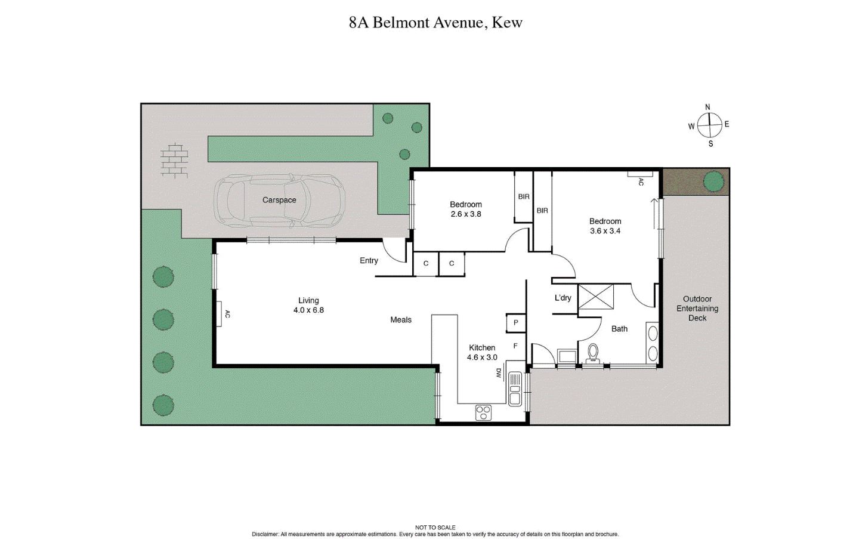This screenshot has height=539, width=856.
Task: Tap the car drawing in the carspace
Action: point(279,201)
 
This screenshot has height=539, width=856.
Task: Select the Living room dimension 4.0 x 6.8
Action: point(308,310)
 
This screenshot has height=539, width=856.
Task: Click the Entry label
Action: point(369,260)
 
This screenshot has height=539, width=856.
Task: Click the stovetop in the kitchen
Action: point(483,412)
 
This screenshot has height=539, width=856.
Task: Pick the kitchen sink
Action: point(515,390)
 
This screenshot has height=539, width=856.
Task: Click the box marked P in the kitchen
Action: point(515,323)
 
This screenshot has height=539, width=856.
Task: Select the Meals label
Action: point(400,320)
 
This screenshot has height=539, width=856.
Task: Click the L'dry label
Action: point(563,298)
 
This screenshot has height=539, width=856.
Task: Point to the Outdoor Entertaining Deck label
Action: point(697,309)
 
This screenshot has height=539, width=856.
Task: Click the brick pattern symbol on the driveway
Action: point(174,159)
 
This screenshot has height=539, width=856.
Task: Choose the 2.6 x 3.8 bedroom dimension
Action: point(465,214)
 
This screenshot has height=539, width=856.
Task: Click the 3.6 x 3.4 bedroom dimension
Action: point(605,231)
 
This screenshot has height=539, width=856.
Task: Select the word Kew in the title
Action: point(507,23)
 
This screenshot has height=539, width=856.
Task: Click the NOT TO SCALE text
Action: point(435,528)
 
